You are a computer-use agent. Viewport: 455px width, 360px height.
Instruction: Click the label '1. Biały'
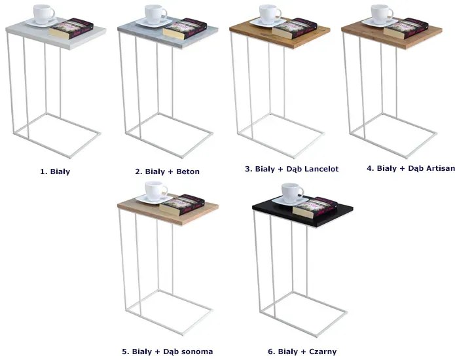point(55,171)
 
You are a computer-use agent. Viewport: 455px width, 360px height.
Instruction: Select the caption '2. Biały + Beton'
point(167,171)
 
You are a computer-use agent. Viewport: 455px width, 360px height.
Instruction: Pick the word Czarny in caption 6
point(323,351)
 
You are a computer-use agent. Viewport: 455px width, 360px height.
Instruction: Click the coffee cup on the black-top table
point(292,193)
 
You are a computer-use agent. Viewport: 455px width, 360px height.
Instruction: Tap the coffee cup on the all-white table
point(44,14)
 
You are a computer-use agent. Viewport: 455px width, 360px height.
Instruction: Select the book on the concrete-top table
point(185,29)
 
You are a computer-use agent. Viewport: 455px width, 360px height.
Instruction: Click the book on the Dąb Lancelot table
point(295,28)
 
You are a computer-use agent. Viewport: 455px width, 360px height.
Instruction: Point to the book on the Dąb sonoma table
point(183,206)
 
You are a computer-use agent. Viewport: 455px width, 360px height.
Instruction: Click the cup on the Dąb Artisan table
point(382,14)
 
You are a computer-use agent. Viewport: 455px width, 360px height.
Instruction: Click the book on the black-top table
point(315,207)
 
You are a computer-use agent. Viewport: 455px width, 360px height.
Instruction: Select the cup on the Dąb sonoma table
point(156,191)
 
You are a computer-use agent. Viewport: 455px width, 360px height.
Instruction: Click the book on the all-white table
point(71,29)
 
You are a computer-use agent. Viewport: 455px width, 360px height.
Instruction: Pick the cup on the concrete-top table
point(156,14)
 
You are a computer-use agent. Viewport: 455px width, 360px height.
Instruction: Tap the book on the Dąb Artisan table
point(406,28)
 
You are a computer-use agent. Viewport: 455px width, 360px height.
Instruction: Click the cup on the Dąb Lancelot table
point(270,14)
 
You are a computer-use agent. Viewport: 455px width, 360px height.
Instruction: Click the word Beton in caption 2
point(188,171)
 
